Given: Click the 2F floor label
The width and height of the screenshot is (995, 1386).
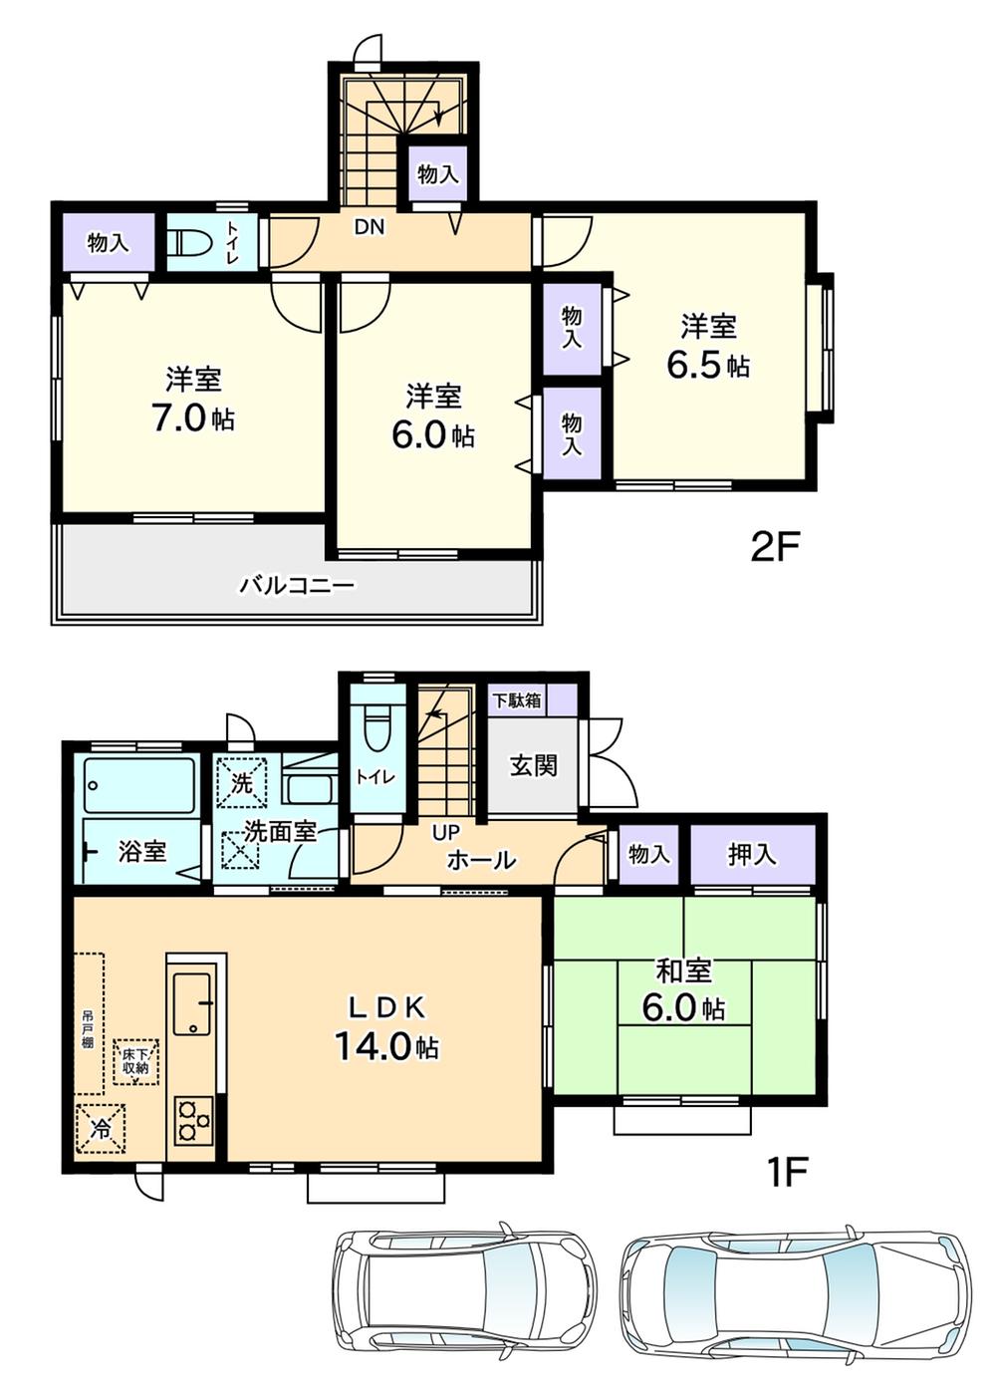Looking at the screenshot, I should [x=775, y=546].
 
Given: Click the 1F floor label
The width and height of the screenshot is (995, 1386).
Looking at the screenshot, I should [x=786, y=1172].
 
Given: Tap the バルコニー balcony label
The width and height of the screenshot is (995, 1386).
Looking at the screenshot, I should [x=296, y=585].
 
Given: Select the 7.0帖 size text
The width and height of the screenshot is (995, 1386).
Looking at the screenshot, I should [x=192, y=418].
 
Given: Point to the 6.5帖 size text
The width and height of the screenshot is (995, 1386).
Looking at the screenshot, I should [x=707, y=366].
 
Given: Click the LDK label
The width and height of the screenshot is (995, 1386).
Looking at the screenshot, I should [x=386, y=1007].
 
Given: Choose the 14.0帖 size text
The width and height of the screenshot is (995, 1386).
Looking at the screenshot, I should [x=386, y=1046].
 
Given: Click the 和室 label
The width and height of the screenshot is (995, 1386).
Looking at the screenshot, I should [x=683, y=970].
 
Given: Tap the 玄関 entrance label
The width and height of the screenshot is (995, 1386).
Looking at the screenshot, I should [x=534, y=765].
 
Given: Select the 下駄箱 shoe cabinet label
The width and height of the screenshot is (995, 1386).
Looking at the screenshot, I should [x=517, y=699].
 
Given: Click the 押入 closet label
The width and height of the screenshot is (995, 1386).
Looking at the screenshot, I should [x=752, y=854].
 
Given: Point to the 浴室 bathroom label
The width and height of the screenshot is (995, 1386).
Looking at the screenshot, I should [x=142, y=851].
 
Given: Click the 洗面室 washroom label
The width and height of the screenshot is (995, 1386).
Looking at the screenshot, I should [x=280, y=831].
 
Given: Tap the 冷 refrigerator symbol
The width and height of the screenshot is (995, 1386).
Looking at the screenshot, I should [x=102, y=1129].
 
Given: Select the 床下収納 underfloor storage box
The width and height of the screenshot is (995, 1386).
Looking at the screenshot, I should [x=135, y=1062].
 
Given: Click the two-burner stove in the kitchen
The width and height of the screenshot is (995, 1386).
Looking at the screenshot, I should [x=193, y=1120].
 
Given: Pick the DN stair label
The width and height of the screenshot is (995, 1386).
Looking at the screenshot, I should [x=369, y=227].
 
